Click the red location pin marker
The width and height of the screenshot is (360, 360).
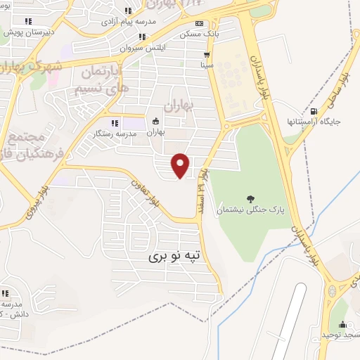coord(181,165)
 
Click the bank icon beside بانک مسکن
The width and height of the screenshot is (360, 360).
coord(198,23)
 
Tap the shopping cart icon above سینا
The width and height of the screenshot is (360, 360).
coord(207,54)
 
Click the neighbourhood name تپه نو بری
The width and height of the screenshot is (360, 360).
coord(174,257)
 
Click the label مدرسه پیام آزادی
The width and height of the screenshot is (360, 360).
coord(127,22)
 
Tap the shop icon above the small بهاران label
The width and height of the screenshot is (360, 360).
coord(155,121)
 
